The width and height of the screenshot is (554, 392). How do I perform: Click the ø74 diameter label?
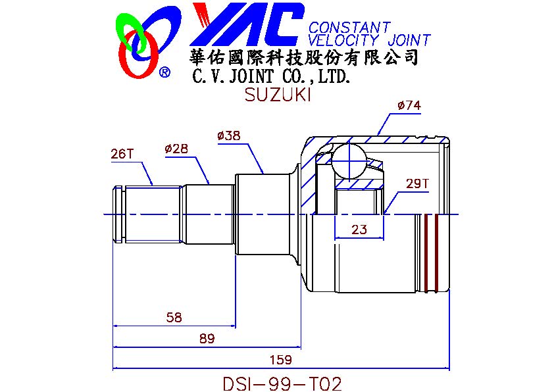pyautogui.click(x=409, y=105)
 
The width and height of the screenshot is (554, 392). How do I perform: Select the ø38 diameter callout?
pyautogui.click(x=228, y=135)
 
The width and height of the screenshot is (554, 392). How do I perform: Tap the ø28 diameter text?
pyautogui.click(x=176, y=149)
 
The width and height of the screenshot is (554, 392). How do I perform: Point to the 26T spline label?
pyautogui.click(x=122, y=154)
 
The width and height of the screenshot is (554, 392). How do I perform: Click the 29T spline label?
pyautogui.click(x=417, y=184)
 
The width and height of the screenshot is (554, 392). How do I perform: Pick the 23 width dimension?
pyautogui.click(x=359, y=230)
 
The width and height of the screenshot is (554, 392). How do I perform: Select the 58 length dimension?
pyautogui.click(x=174, y=318)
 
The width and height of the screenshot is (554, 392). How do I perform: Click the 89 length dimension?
pyautogui.click(x=207, y=339)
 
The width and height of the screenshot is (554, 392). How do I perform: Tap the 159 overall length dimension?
pyautogui.click(x=281, y=360)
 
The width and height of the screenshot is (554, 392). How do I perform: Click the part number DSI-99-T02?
pyautogui.click(x=282, y=383)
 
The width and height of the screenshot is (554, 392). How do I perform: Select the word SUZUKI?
pyautogui.click(x=278, y=95)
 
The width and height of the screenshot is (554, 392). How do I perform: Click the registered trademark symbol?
pyautogui.click(x=164, y=72)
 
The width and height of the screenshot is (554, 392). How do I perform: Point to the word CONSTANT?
pyautogui.click(x=350, y=27)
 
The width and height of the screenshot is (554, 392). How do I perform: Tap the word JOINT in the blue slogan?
pyautogui.click(x=409, y=40)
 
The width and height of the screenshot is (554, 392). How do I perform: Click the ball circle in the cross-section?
pyautogui.click(x=348, y=144)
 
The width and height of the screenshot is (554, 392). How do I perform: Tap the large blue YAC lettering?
pyautogui.click(x=247, y=24)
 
